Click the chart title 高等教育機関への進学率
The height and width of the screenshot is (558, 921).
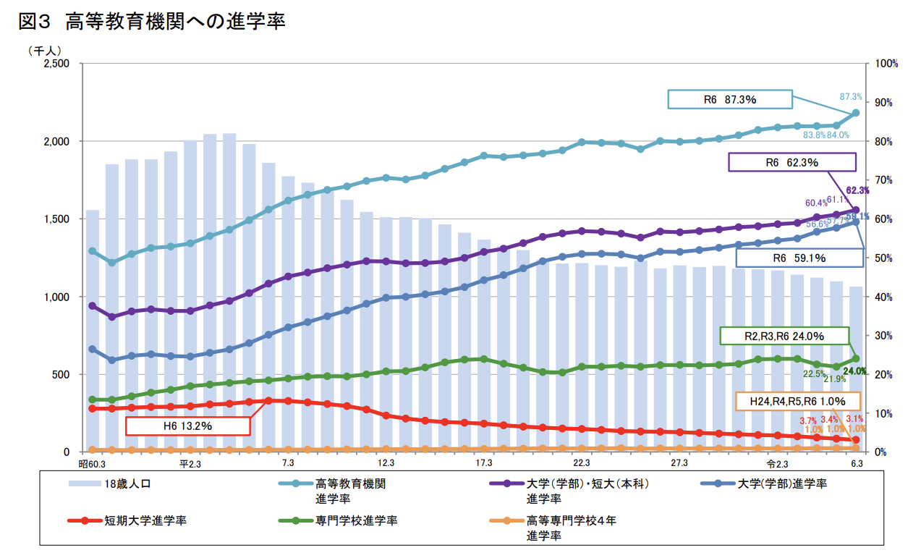175,22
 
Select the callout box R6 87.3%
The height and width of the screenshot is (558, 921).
730,100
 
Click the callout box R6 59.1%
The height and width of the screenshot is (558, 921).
799,257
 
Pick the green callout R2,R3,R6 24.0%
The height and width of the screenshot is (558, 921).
784,337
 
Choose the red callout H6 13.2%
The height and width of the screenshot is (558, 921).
187,426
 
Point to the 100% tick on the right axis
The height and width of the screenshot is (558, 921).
886,64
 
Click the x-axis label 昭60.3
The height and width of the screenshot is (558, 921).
92,463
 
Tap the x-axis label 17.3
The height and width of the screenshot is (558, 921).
483,463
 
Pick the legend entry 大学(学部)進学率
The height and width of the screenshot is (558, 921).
781,483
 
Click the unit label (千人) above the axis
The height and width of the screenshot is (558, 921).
45,51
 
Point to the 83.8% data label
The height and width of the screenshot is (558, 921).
815,135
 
